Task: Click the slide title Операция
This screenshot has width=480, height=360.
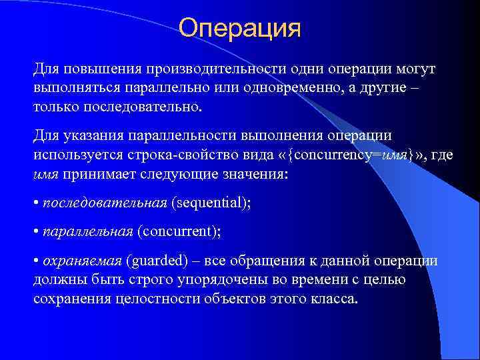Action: pos(240,29)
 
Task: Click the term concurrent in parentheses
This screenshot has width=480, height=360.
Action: pos(179,232)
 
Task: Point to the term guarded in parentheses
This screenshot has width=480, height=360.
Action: pos(158,261)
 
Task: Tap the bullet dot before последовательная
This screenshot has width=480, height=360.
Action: pos(36,203)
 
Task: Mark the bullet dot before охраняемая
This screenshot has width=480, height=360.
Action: pos(36,261)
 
